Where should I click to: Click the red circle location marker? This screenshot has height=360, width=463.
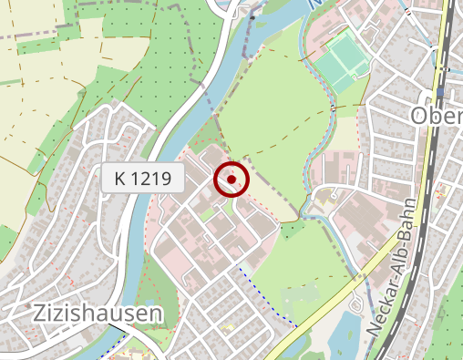pyautogui.click(x=232, y=180)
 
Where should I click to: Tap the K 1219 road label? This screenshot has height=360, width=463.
pyautogui.click(x=144, y=179)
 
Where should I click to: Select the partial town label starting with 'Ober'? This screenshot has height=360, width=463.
pyautogui.click(x=436, y=116)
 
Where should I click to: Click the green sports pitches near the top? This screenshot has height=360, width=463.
pyautogui.click(x=341, y=60)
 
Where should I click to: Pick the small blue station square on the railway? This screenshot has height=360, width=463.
pyautogui.click(x=441, y=93)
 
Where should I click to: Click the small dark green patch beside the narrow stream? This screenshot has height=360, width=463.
pyautogui.click(x=293, y=228)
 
